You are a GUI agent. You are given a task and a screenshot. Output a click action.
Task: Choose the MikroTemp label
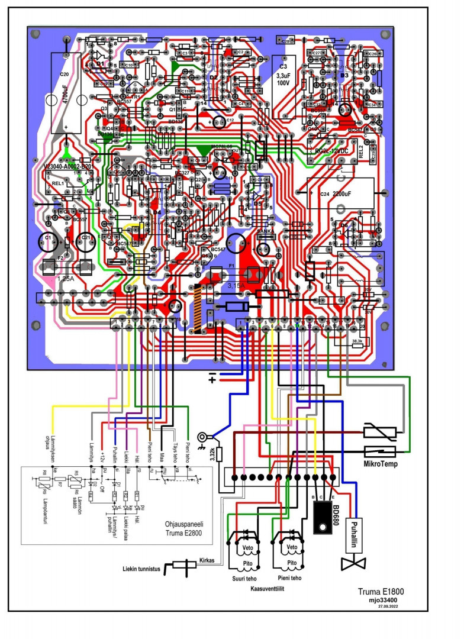(x=380, y=464)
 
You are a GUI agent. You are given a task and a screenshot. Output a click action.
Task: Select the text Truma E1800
(x=381, y=591)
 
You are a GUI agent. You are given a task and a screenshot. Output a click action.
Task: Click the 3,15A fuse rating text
(x=236, y=285)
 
